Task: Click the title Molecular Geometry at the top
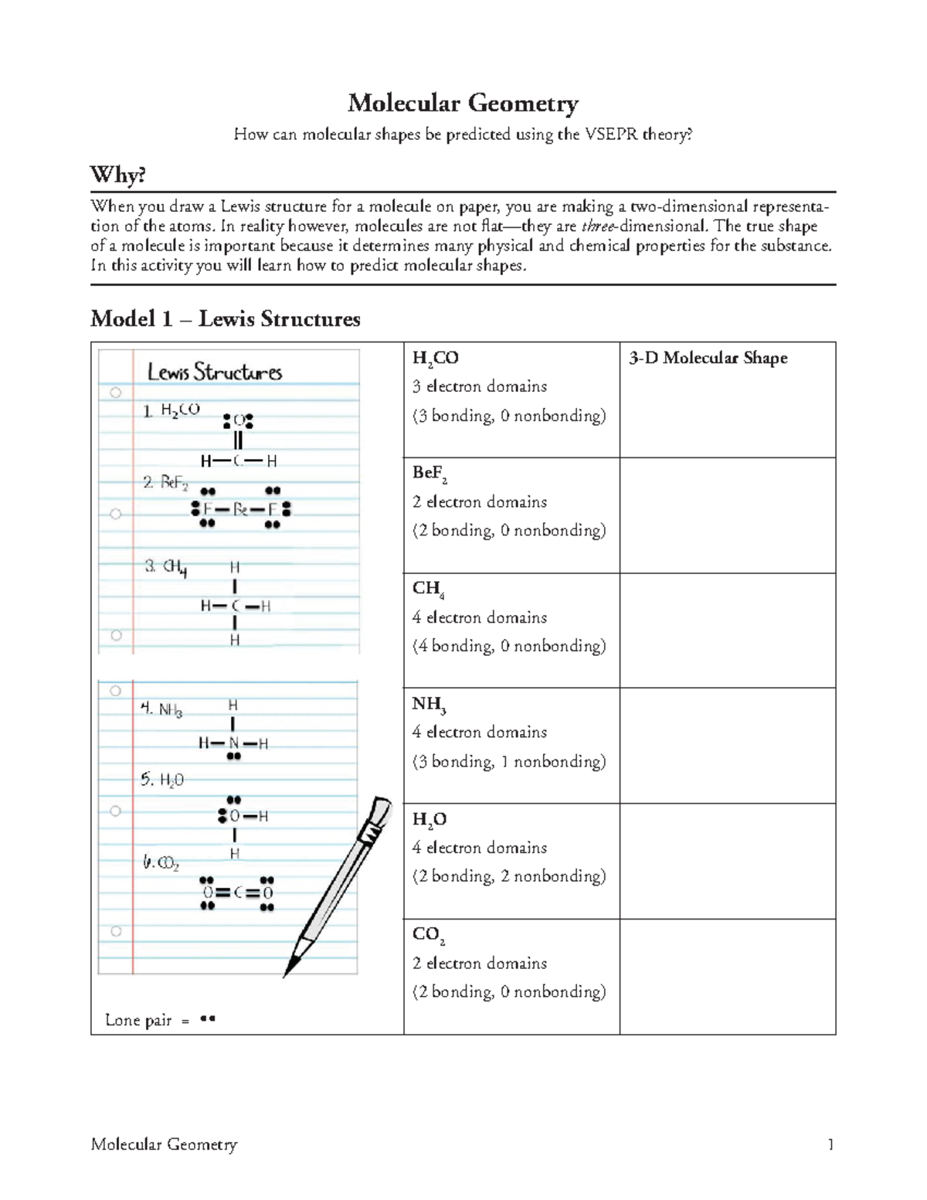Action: point(463,103)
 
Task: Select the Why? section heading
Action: point(118,175)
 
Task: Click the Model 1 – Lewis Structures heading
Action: point(225,318)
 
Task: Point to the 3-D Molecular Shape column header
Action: point(708,358)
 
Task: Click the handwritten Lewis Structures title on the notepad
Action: point(214,372)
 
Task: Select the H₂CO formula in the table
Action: point(435,358)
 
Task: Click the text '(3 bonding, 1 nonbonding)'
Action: point(509,762)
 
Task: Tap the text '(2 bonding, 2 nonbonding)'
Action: point(509,876)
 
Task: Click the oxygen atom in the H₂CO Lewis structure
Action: point(238,421)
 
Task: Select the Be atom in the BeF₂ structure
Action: point(239,509)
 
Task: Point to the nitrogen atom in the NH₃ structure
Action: point(233,743)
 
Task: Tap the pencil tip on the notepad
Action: point(290,970)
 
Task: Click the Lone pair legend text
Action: point(138,1020)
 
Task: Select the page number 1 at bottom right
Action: point(830,1144)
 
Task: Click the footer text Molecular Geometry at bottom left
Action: point(164,1144)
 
